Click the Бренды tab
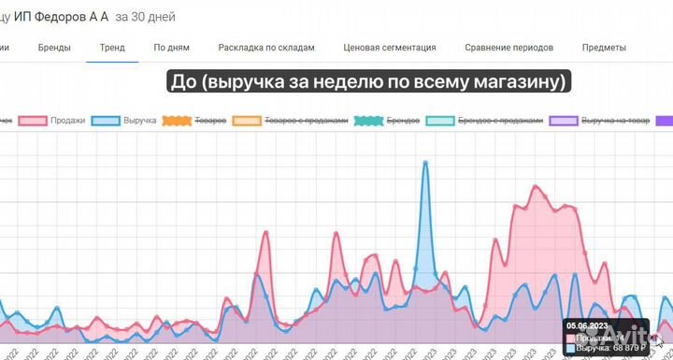(53, 47)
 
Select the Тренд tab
(112, 47)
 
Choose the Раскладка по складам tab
(266, 47)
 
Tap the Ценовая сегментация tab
(390, 47)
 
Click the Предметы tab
(604, 47)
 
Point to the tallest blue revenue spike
(426, 163)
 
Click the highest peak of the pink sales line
(537, 186)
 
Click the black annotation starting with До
(368, 82)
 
